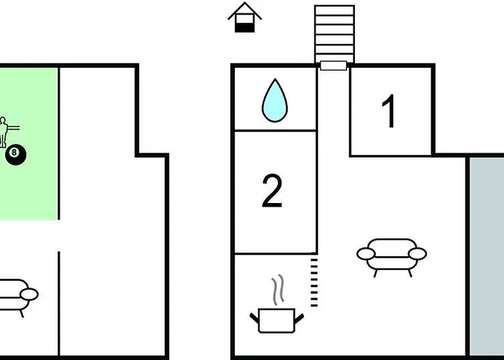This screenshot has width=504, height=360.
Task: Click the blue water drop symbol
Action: (x=275, y=101)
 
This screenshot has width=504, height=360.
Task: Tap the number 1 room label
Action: (x=389, y=111)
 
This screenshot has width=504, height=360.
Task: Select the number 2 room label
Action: (x=272, y=191)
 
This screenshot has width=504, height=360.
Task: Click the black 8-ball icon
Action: (x=16, y=155)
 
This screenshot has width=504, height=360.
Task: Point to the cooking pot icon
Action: (x=276, y=320)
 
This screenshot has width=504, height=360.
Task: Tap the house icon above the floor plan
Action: (x=245, y=17)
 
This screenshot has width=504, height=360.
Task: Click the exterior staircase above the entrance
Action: (x=334, y=34)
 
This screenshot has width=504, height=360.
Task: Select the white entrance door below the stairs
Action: (x=333, y=66)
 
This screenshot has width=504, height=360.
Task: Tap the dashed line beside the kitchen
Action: (x=314, y=282)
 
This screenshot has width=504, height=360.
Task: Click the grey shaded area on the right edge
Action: (x=487, y=256)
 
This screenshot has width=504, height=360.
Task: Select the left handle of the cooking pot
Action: (x=254, y=318)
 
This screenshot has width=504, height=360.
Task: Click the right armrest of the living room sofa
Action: (x=418, y=254)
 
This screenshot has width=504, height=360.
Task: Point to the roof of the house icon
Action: (x=245, y=10)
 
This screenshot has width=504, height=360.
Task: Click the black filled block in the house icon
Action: (x=245, y=28)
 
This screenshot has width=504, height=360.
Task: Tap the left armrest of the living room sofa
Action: (x=366, y=254)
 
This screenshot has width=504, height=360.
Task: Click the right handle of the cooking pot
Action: (x=299, y=318)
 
